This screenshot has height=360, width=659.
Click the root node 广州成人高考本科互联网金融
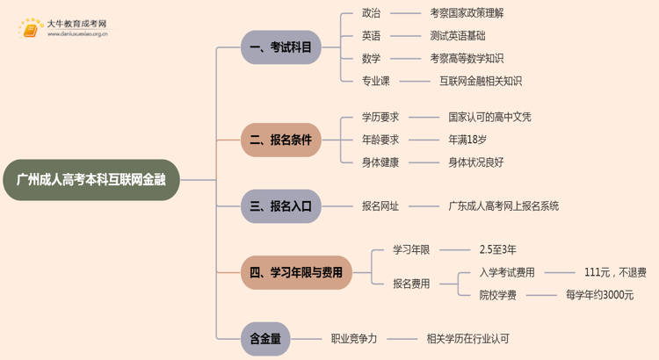point(91,180)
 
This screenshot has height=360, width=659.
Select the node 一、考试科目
point(281,47)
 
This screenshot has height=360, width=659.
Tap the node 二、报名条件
point(281,140)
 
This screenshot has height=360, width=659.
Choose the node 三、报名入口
point(281,206)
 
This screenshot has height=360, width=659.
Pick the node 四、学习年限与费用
point(296,272)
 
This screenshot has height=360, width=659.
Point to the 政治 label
point(372,14)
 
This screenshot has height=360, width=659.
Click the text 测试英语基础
point(459,36)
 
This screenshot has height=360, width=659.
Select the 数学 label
point(372,59)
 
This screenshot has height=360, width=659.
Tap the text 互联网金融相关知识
point(481,81)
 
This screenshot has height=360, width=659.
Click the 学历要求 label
point(380,117)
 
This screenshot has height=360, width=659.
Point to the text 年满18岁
point(467,140)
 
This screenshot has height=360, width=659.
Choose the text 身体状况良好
point(476,162)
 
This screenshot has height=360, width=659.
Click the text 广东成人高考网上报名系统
point(503,206)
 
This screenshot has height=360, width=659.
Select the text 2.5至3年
point(498,250)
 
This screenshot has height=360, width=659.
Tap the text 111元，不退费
point(615,272)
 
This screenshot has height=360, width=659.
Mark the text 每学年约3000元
point(600,295)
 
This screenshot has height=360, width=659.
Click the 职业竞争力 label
point(354,338)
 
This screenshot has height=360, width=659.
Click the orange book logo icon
point(31,29)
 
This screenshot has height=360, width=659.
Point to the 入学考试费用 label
point(507,272)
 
